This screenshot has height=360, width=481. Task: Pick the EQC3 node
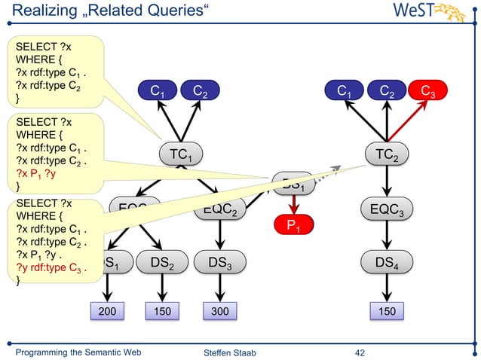point(387,209)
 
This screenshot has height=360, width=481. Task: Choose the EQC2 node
point(220,210)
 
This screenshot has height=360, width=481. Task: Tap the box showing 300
point(219,311)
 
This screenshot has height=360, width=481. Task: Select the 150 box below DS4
point(387,311)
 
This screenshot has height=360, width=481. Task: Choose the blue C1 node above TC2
point(347,92)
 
